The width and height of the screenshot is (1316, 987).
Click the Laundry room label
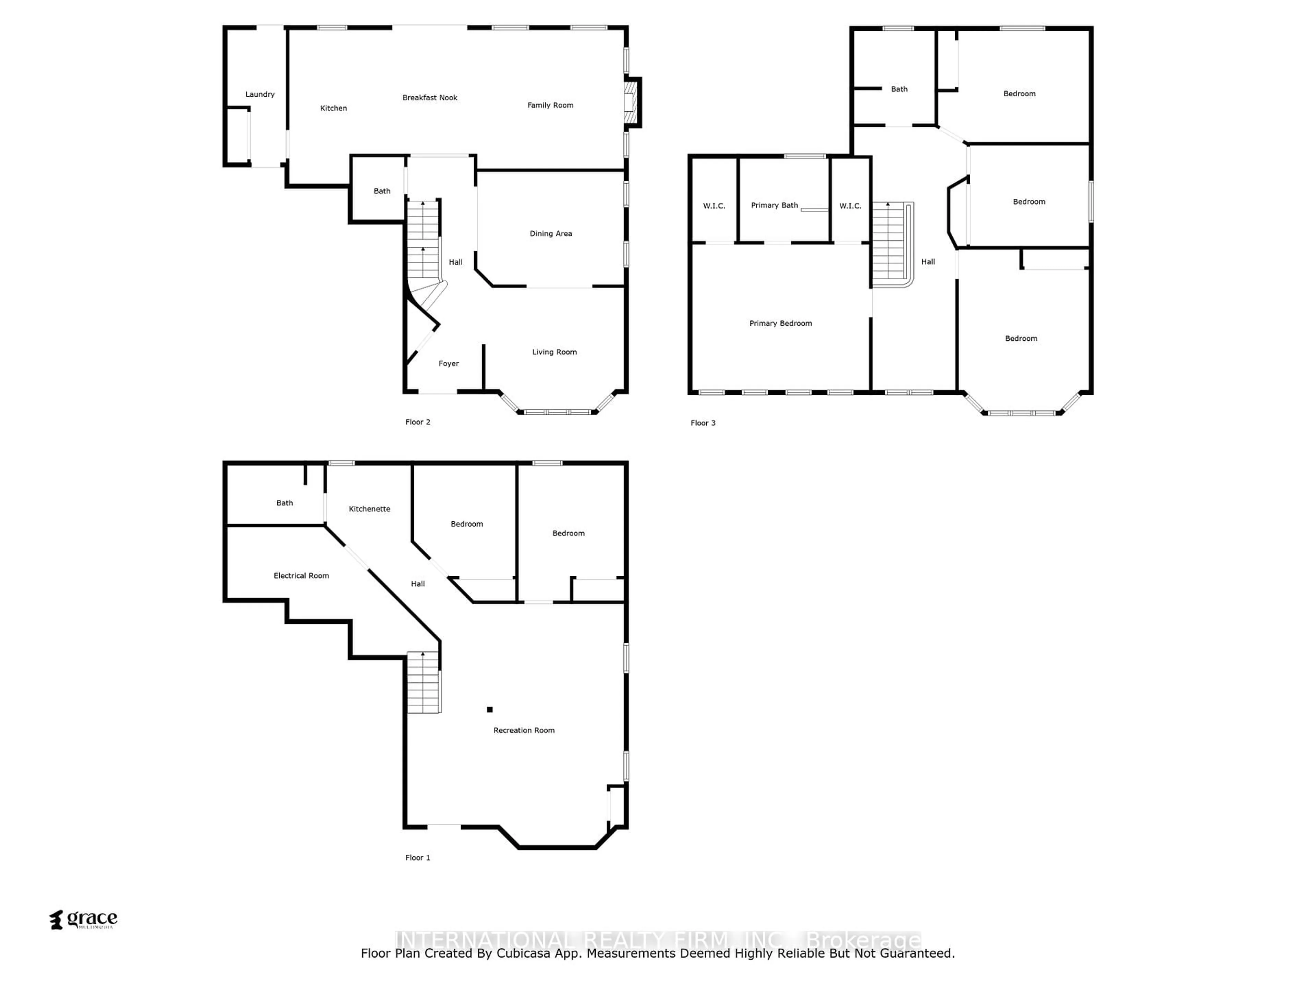[x=260, y=94]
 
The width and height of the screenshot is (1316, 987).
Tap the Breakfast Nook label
[x=429, y=98]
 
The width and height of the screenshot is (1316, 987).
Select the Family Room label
[x=550, y=105]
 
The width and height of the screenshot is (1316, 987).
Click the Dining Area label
[x=551, y=234]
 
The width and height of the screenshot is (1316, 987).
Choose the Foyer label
[x=449, y=364]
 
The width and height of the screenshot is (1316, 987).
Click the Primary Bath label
[x=774, y=205]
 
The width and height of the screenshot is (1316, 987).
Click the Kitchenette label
[x=369, y=509]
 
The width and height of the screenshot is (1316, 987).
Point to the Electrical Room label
[x=301, y=576]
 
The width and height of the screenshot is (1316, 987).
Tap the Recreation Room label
[x=524, y=730]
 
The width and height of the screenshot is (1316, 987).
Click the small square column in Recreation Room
[x=490, y=709]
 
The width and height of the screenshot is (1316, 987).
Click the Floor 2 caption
[x=418, y=422]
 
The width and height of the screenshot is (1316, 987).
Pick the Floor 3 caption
[x=703, y=423]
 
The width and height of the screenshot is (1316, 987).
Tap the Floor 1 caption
[x=418, y=857]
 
